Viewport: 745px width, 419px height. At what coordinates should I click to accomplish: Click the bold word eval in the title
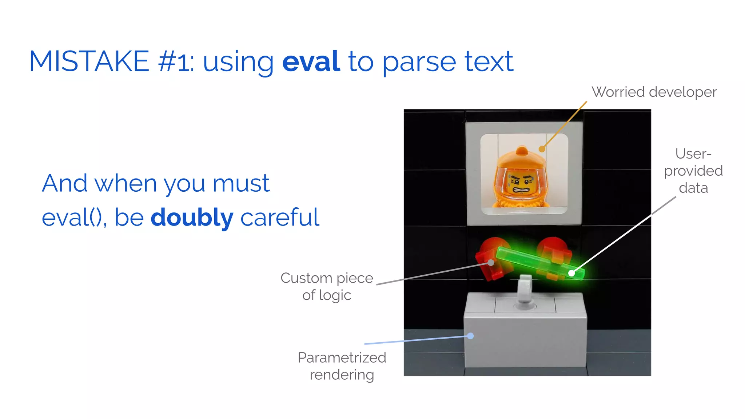pyautogui.click(x=311, y=62)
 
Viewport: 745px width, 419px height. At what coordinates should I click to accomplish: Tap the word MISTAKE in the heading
pyautogui.click(x=89, y=62)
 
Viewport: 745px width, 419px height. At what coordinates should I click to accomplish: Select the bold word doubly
pyautogui.click(x=192, y=218)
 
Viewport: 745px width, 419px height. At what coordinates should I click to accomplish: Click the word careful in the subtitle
pyautogui.click(x=280, y=218)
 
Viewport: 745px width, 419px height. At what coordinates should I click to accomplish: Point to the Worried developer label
pyautogui.click(x=654, y=92)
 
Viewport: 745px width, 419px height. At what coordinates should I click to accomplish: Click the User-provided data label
pyautogui.click(x=693, y=171)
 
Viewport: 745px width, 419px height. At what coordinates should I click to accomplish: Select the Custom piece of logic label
pyautogui.click(x=327, y=286)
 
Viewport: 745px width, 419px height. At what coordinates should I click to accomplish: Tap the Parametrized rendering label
pyautogui.click(x=342, y=366)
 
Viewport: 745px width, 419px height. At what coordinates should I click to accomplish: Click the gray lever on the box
pyautogui.click(x=525, y=291)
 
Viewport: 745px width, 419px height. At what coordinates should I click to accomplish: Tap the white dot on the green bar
pyautogui.click(x=571, y=273)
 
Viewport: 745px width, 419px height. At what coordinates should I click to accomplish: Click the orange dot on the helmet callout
pyautogui.click(x=542, y=149)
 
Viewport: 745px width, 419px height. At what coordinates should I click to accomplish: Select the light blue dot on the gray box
pyautogui.click(x=470, y=336)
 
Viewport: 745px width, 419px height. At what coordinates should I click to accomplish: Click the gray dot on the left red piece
pyautogui.click(x=491, y=262)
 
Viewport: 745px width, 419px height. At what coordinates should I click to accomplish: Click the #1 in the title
pyautogui.click(x=175, y=62)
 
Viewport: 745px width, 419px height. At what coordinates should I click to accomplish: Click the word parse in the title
pyautogui.click(x=419, y=62)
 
